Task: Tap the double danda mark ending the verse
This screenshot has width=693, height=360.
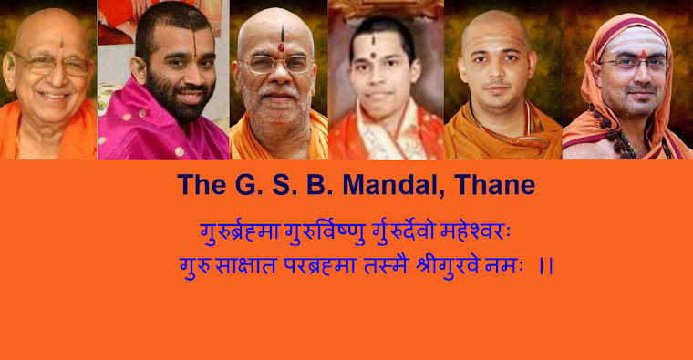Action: tap(547, 266)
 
